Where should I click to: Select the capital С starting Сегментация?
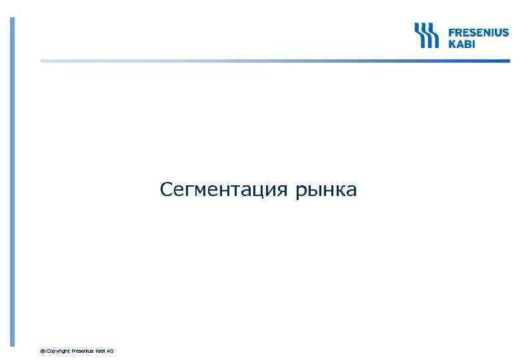166,191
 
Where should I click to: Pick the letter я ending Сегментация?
283,191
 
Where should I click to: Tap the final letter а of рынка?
351,191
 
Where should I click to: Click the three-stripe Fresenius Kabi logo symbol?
426,35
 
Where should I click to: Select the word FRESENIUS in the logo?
478,32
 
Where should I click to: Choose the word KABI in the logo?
461,44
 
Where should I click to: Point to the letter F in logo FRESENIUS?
451,32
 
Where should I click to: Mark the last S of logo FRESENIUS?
505,32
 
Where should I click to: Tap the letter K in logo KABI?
451,44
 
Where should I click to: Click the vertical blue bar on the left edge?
11,180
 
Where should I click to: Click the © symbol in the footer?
43,351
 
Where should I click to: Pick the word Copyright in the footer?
58,351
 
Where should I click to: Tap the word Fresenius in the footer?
82,351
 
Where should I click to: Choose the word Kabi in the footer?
100,351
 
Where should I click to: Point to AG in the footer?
111,351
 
